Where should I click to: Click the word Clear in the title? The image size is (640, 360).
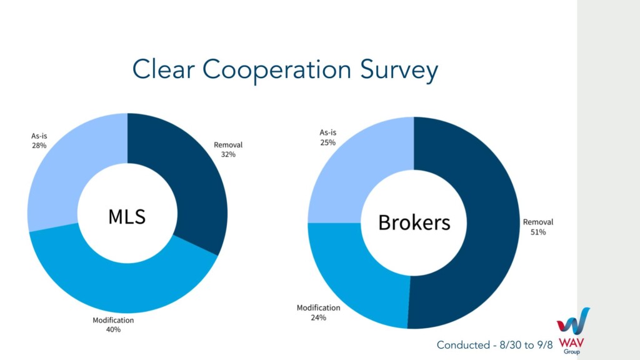(163, 69)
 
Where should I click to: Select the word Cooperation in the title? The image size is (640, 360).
(277, 70)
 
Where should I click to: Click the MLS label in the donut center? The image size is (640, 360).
(127, 216)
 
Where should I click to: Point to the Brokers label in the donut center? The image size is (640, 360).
(414, 222)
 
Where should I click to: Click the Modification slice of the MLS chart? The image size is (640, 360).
(122, 282)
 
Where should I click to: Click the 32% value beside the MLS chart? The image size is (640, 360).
(228, 154)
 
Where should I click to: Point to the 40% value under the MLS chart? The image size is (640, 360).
(113, 329)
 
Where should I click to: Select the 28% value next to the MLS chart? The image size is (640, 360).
(39, 145)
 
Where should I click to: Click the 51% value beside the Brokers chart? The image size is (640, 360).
(538, 232)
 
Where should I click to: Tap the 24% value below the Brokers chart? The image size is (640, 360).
(318, 317)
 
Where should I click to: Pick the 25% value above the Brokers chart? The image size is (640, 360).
(327, 142)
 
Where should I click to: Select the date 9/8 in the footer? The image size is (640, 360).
(544, 345)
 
